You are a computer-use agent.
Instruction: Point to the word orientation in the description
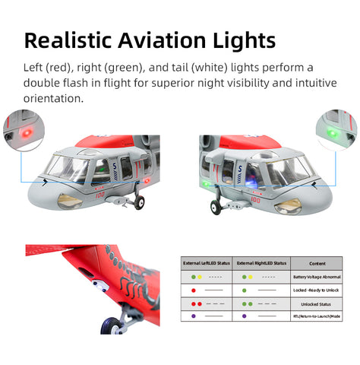(x=52, y=100)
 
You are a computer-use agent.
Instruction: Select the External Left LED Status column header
(x=206, y=263)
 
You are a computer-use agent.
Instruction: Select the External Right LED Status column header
(x=261, y=263)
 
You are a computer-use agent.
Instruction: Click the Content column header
(x=317, y=263)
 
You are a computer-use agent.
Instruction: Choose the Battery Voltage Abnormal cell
(x=317, y=277)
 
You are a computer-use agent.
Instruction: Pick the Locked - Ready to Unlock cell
(x=317, y=290)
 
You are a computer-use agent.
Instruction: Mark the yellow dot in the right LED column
(x=250, y=277)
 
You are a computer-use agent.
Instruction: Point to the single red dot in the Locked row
(x=194, y=290)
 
